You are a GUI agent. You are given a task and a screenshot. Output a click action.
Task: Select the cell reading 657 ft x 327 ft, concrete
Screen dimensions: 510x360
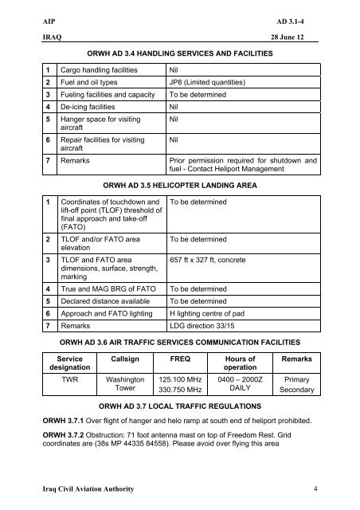point(217,261)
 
